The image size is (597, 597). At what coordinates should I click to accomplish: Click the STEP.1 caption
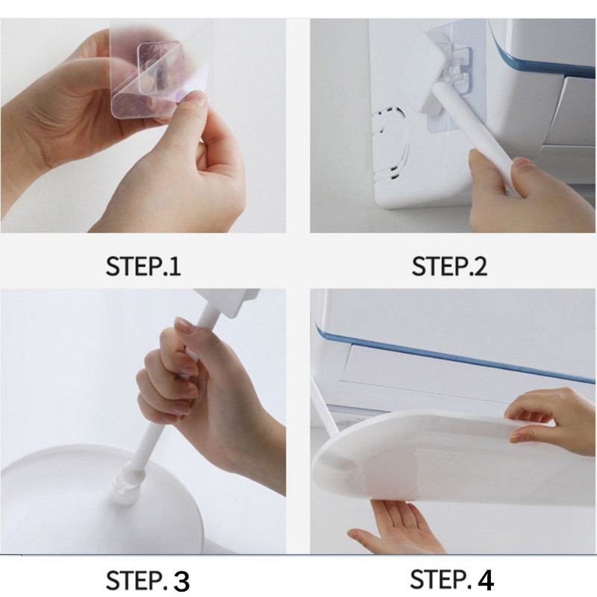click(143, 266)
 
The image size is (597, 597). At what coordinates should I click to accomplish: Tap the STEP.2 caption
click(449, 266)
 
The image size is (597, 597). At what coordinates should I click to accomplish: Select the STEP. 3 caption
click(147, 581)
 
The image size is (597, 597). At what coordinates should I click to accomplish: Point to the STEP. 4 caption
click(452, 580)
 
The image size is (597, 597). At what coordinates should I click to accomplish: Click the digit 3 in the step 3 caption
click(181, 581)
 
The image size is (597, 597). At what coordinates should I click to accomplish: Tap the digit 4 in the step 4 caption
click(486, 580)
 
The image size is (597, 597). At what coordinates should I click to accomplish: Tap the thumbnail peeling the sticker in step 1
click(197, 98)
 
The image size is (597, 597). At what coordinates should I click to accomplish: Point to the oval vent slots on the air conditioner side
click(389, 144)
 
